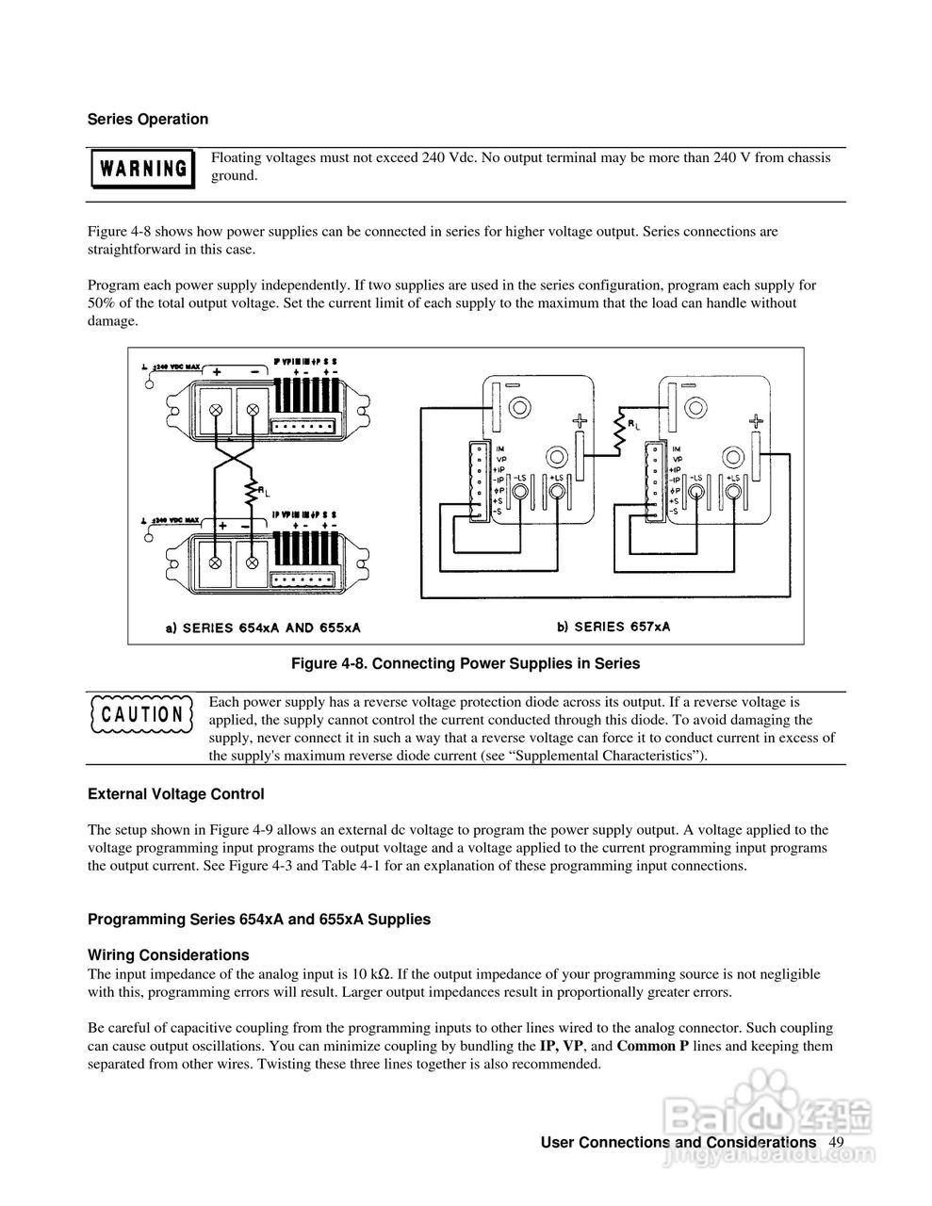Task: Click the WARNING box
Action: click(141, 169)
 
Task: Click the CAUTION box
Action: click(141, 713)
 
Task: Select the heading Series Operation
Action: click(148, 120)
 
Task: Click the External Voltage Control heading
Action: click(175, 794)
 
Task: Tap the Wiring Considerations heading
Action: click(168, 955)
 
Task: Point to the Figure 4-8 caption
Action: click(465, 664)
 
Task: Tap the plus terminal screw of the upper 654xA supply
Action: click(216, 411)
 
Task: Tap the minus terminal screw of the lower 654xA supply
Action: click(253, 562)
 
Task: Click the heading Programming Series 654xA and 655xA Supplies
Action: click(259, 920)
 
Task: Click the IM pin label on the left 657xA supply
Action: click(500, 448)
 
